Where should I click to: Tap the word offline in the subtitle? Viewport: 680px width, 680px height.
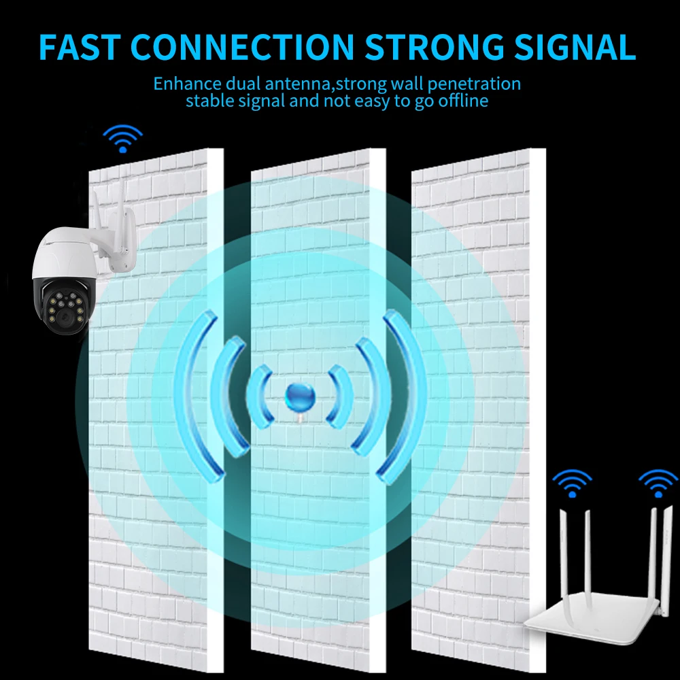point(464,101)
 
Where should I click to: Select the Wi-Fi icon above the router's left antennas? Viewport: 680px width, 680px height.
point(572,484)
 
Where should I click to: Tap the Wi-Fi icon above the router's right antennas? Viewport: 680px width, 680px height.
point(658,484)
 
